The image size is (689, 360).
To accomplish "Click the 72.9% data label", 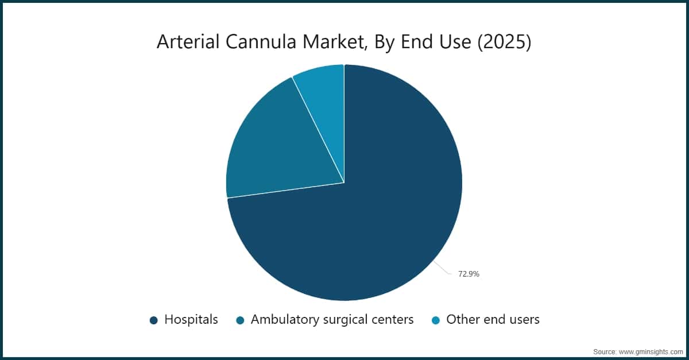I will [x=469, y=274].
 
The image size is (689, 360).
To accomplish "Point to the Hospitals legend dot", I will [x=153, y=320].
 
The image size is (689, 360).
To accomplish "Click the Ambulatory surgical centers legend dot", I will [x=240, y=320].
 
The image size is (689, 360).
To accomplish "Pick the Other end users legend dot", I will [x=435, y=320].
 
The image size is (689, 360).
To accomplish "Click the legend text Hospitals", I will [x=191, y=320].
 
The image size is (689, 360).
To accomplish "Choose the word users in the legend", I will [x=523, y=320].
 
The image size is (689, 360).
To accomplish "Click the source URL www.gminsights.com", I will [x=651, y=351].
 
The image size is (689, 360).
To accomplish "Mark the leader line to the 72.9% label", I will [x=442, y=268].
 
